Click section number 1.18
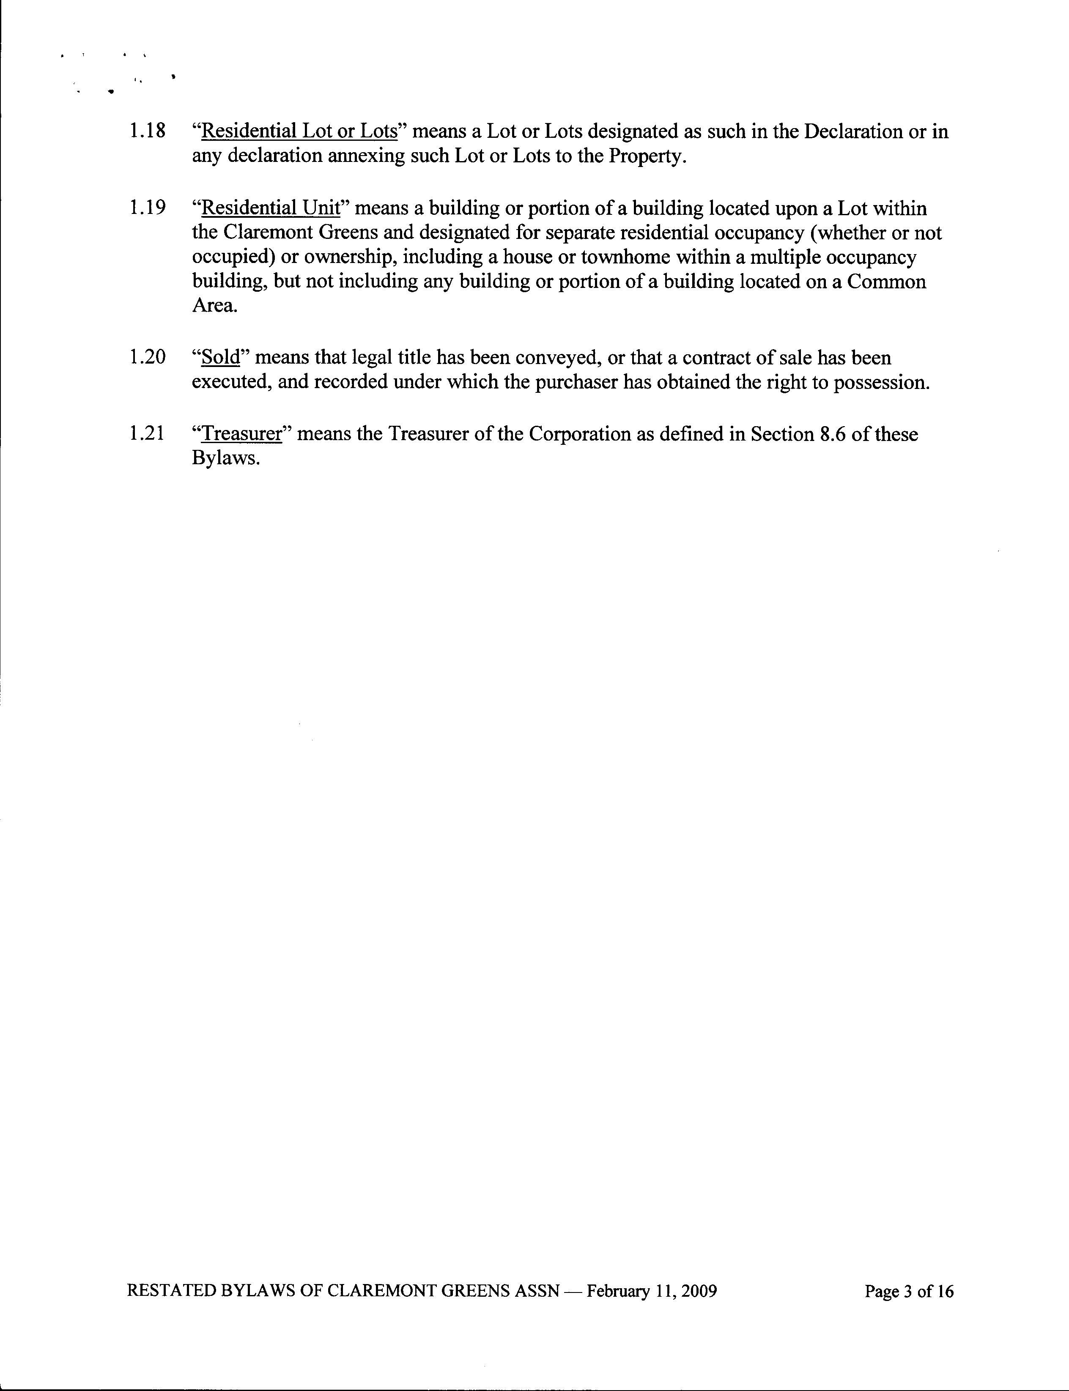(x=147, y=131)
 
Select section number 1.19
(x=147, y=208)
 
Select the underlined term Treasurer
(x=241, y=434)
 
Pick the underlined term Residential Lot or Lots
(x=299, y=131)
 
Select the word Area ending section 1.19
(x=214, y=306)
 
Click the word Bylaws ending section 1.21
(x=225, y=459)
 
